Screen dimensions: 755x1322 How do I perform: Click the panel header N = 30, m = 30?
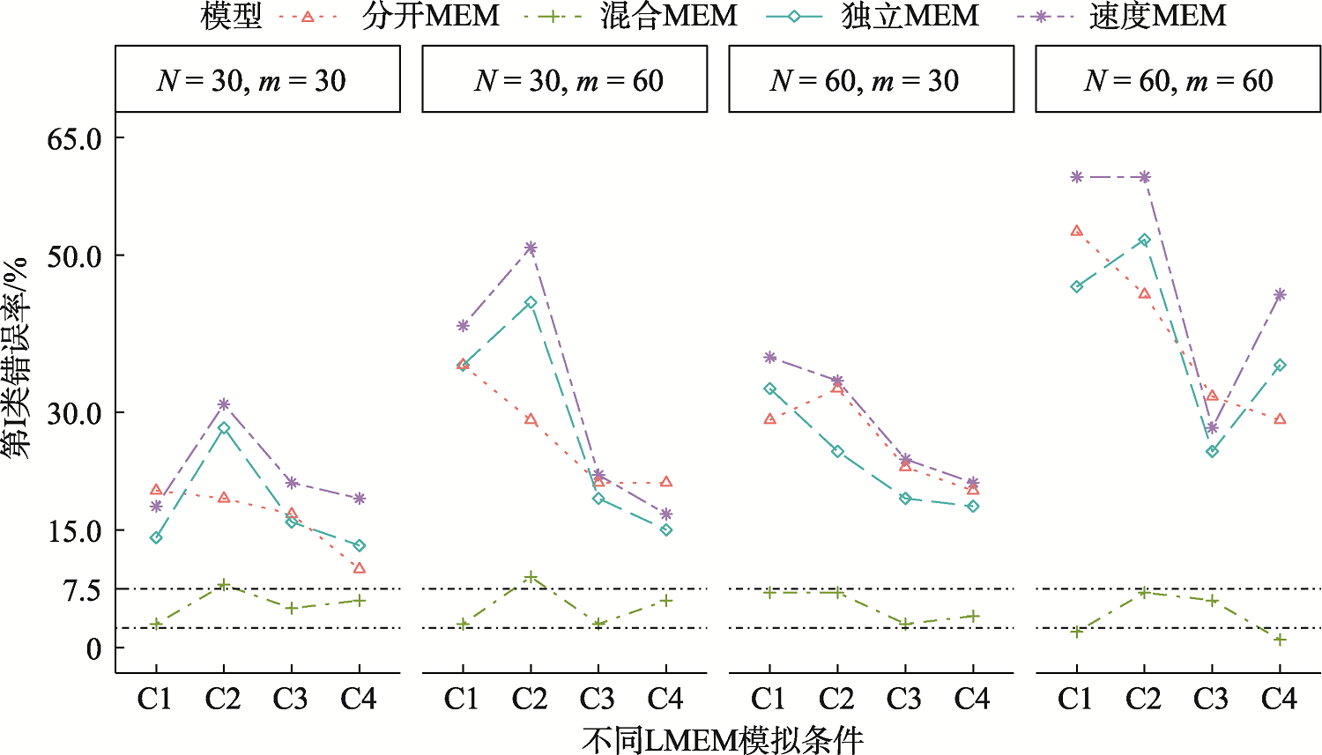point(257,80)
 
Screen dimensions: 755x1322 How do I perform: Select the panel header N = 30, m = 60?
point(564,80)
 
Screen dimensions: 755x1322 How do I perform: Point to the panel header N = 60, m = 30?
point(871,80)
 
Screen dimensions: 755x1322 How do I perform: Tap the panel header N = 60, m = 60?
point(1177,80)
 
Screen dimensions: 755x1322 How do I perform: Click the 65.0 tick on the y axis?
point(75,138)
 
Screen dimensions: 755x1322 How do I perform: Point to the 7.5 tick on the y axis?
point(82,589)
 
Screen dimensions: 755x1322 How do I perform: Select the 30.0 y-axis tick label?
point(75,412)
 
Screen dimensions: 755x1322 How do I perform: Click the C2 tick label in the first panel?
point(223,699)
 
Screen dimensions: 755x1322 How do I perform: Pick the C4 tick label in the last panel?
point(1279,699)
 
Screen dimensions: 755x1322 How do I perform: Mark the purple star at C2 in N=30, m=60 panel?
point(530,248)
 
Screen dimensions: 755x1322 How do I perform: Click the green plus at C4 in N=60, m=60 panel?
point(1280,640)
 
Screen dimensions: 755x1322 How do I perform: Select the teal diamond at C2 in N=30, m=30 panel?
point(224,428)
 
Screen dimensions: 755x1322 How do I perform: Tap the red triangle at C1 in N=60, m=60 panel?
point(1076,231)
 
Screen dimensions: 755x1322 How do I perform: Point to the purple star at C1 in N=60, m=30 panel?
point(770,358)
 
